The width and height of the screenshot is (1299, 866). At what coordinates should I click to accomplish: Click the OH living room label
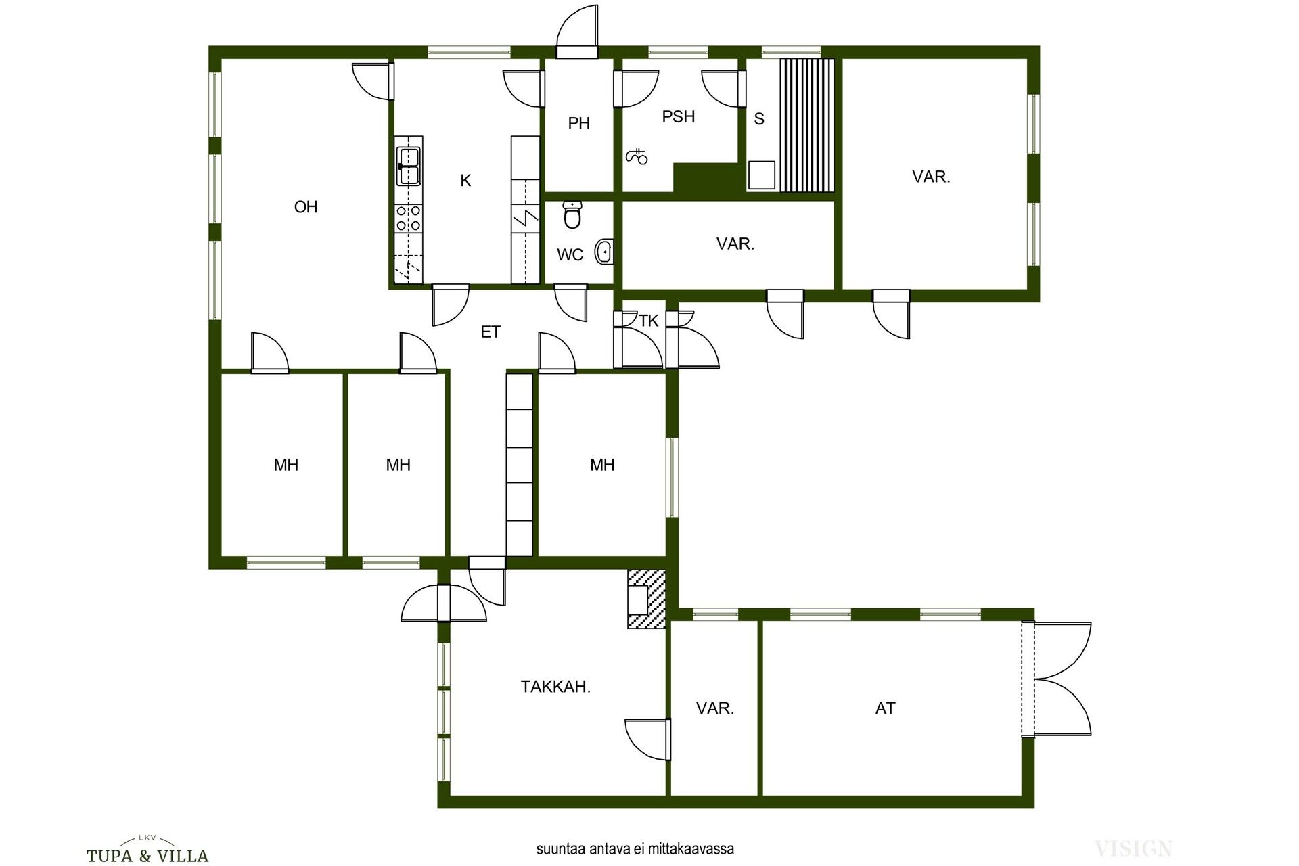(x=306, y=207)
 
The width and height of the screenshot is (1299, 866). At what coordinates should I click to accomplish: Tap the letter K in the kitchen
(x=465, y=181)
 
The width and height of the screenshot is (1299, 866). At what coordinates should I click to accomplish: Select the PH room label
(x=579, y=123)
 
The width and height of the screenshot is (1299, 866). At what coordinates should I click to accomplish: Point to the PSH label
(x=679, y=116)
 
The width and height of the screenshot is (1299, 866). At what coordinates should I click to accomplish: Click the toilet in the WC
(x=573, y=214)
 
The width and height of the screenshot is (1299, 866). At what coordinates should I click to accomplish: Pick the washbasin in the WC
(x=603, y=252)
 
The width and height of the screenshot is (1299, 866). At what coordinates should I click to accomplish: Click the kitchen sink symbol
(x=409, y=166)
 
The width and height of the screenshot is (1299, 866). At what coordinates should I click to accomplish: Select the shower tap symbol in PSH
(x=636, y=156)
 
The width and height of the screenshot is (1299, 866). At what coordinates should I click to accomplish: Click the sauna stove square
(x=762, y=175)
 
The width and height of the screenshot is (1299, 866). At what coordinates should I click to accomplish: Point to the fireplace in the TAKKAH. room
(x=646, y=599)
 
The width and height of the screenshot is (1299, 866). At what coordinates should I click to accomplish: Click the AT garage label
(x=885, y=708)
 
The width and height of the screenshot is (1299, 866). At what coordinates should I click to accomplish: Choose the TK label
(x=649, y=321)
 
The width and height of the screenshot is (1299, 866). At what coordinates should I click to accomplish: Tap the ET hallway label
(x=491, y=332)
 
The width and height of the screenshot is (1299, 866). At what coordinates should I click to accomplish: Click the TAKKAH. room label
(x=555, y=687)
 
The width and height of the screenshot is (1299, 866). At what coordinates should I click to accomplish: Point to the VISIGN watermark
(x=1133, y=848)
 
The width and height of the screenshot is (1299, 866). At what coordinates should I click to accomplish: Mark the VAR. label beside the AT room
(x=715, y=708)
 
